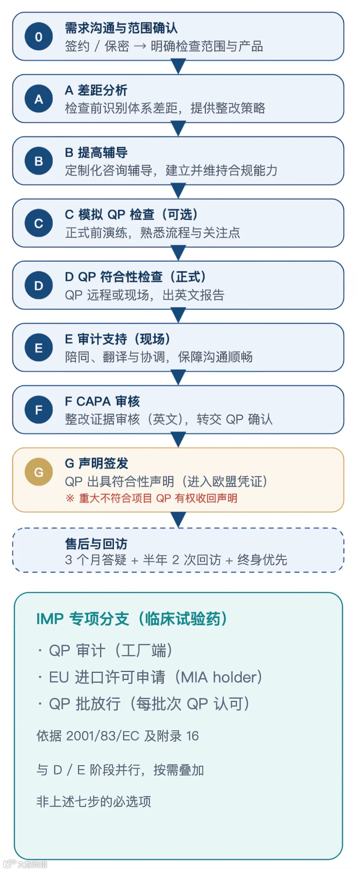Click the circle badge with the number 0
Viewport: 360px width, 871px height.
click(x=38, y=37)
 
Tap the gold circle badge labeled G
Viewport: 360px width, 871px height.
click(x=38, y=472)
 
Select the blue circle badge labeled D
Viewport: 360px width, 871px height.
click(x=38, y=286)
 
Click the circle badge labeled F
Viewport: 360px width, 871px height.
click(x=38, y=410)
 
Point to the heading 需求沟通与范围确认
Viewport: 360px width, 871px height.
click(x=121, y=28)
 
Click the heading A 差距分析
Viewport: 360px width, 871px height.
click(x=96, y=90)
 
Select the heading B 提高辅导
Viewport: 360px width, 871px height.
click(x=96, y=152)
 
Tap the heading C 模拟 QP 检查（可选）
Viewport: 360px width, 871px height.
click(x=132, y=215)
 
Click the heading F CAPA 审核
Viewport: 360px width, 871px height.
click(x=102, y=401)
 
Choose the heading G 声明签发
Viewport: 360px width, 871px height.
click(x=96, y=463)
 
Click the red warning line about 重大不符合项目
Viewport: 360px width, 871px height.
click(x=152, y=498)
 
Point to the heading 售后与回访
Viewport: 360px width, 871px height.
click(x=96, y=543)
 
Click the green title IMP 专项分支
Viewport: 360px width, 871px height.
click(x=132, y=619)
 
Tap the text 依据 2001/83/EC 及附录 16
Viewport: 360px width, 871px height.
click(x=118, y=736)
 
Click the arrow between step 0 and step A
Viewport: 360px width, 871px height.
click(x=178, y=66)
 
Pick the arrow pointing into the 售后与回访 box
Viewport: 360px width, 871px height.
click(x=178, y=520)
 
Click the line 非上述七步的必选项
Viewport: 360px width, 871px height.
click(x=94, y=801)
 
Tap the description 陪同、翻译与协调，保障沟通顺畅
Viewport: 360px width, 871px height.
click(x=159, y=357)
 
